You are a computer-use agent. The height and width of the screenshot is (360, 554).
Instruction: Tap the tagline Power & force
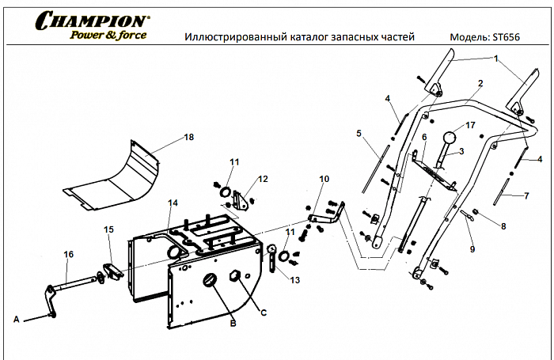point(108,35)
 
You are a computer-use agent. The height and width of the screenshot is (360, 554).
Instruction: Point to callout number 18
point(188,137)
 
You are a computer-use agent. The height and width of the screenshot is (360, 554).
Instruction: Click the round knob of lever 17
point(450,138)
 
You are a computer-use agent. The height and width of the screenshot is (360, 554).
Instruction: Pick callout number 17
point(470,125)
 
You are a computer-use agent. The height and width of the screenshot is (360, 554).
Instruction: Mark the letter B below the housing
point(232,324)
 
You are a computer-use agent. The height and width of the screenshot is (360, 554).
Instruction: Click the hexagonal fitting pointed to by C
point(234,276)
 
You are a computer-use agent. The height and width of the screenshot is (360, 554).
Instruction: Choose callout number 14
point(173,203)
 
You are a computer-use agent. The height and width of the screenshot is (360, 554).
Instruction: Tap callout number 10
point(323,180)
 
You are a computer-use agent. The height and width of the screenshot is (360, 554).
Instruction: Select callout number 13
point(295,279)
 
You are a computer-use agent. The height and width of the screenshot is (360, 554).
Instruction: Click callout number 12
point(264,178)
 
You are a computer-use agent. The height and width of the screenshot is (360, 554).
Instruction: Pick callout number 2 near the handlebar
point(480,82)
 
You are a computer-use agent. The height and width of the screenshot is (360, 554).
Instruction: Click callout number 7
point(524,195)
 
